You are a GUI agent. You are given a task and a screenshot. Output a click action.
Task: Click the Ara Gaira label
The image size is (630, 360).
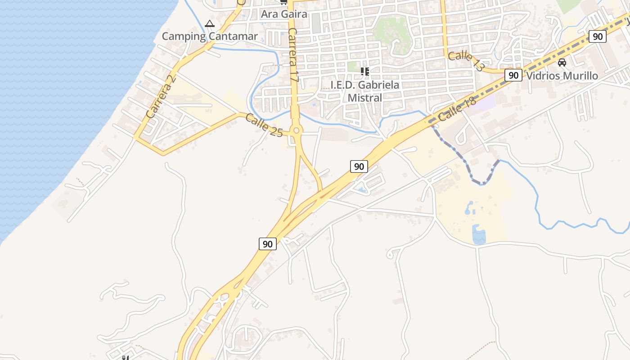284,14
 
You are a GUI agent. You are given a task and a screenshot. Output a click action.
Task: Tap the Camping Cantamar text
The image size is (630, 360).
210,36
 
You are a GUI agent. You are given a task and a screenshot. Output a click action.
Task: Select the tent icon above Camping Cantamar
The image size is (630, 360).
210,23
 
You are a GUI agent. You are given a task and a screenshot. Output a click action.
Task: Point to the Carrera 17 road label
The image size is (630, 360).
293,55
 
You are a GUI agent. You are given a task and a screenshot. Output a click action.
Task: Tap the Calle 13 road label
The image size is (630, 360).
466,62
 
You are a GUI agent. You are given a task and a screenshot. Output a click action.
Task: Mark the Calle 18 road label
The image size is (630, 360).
456,110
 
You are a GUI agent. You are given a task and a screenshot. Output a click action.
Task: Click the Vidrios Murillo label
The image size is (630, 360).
562,76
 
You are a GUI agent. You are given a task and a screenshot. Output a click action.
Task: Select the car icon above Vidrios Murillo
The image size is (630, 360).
562,63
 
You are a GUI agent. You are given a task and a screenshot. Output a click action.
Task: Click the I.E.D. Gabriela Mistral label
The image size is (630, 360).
364,91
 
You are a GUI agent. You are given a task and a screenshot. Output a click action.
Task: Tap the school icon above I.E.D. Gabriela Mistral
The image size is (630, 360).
364,71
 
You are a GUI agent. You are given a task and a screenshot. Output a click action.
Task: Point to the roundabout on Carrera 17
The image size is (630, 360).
296,131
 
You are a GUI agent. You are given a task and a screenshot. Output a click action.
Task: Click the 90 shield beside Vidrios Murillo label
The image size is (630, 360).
513,75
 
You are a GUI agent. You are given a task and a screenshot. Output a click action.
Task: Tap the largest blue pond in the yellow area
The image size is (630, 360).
479,235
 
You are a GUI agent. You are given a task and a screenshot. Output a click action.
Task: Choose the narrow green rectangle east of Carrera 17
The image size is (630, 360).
316,22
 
